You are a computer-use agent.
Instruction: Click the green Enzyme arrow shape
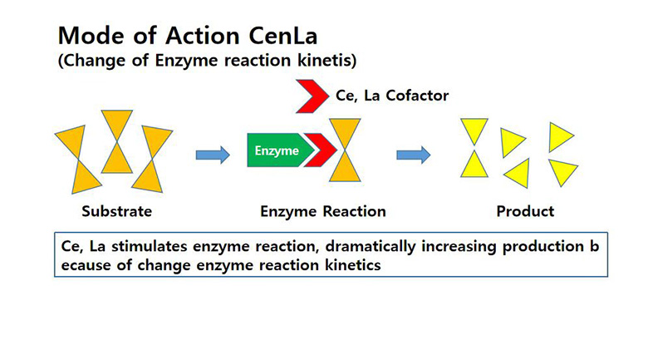pos(277,151)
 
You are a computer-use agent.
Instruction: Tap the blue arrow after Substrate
pos(212,153)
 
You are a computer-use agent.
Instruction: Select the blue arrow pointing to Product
pos(412,153)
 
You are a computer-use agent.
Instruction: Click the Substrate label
pos(117,211)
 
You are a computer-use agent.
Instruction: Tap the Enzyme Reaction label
pos(323,211)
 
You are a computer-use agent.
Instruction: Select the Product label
pos(525,211)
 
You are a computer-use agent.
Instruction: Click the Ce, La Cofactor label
pos(392,96)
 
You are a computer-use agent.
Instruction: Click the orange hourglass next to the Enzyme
pos(344,150)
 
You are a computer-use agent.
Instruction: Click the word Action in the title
pos(180,37)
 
